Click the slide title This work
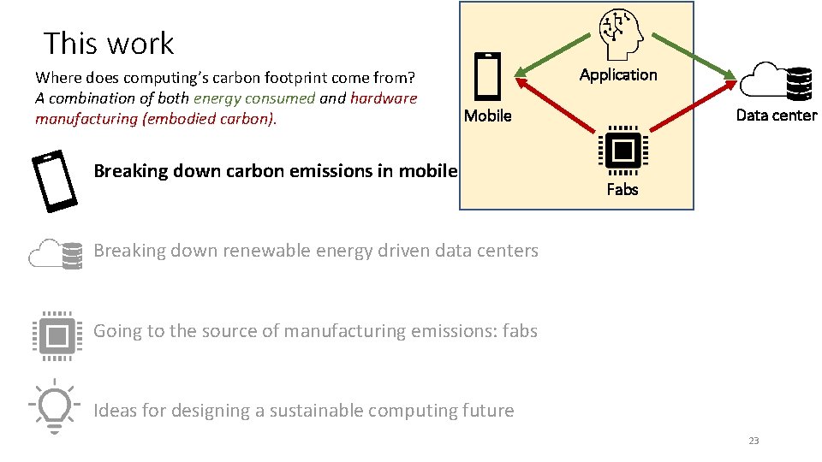pyautogui.click(x=109, y=43)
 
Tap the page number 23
pyautogui.click(x=753, y=441)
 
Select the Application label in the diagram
pyautogui.click(x=618, y=74)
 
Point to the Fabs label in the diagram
pyautogui.click(x=622, y=189)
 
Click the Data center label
pyautogui.click(x=777, y=115)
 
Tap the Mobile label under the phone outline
pyautogui.click(x=487, y=115)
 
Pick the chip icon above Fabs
pyautogui.click(x=622, y=151)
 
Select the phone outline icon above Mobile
pyautogui.click(x=487, y=77)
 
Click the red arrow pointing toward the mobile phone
pyautogui.click(x=557, y=102)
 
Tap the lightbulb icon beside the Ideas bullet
pyautogui.click(x=54, y=406)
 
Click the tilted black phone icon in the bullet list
pyautogui.click(x=55, y=181)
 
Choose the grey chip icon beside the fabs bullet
pyautogui.click(x=56, y=330)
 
